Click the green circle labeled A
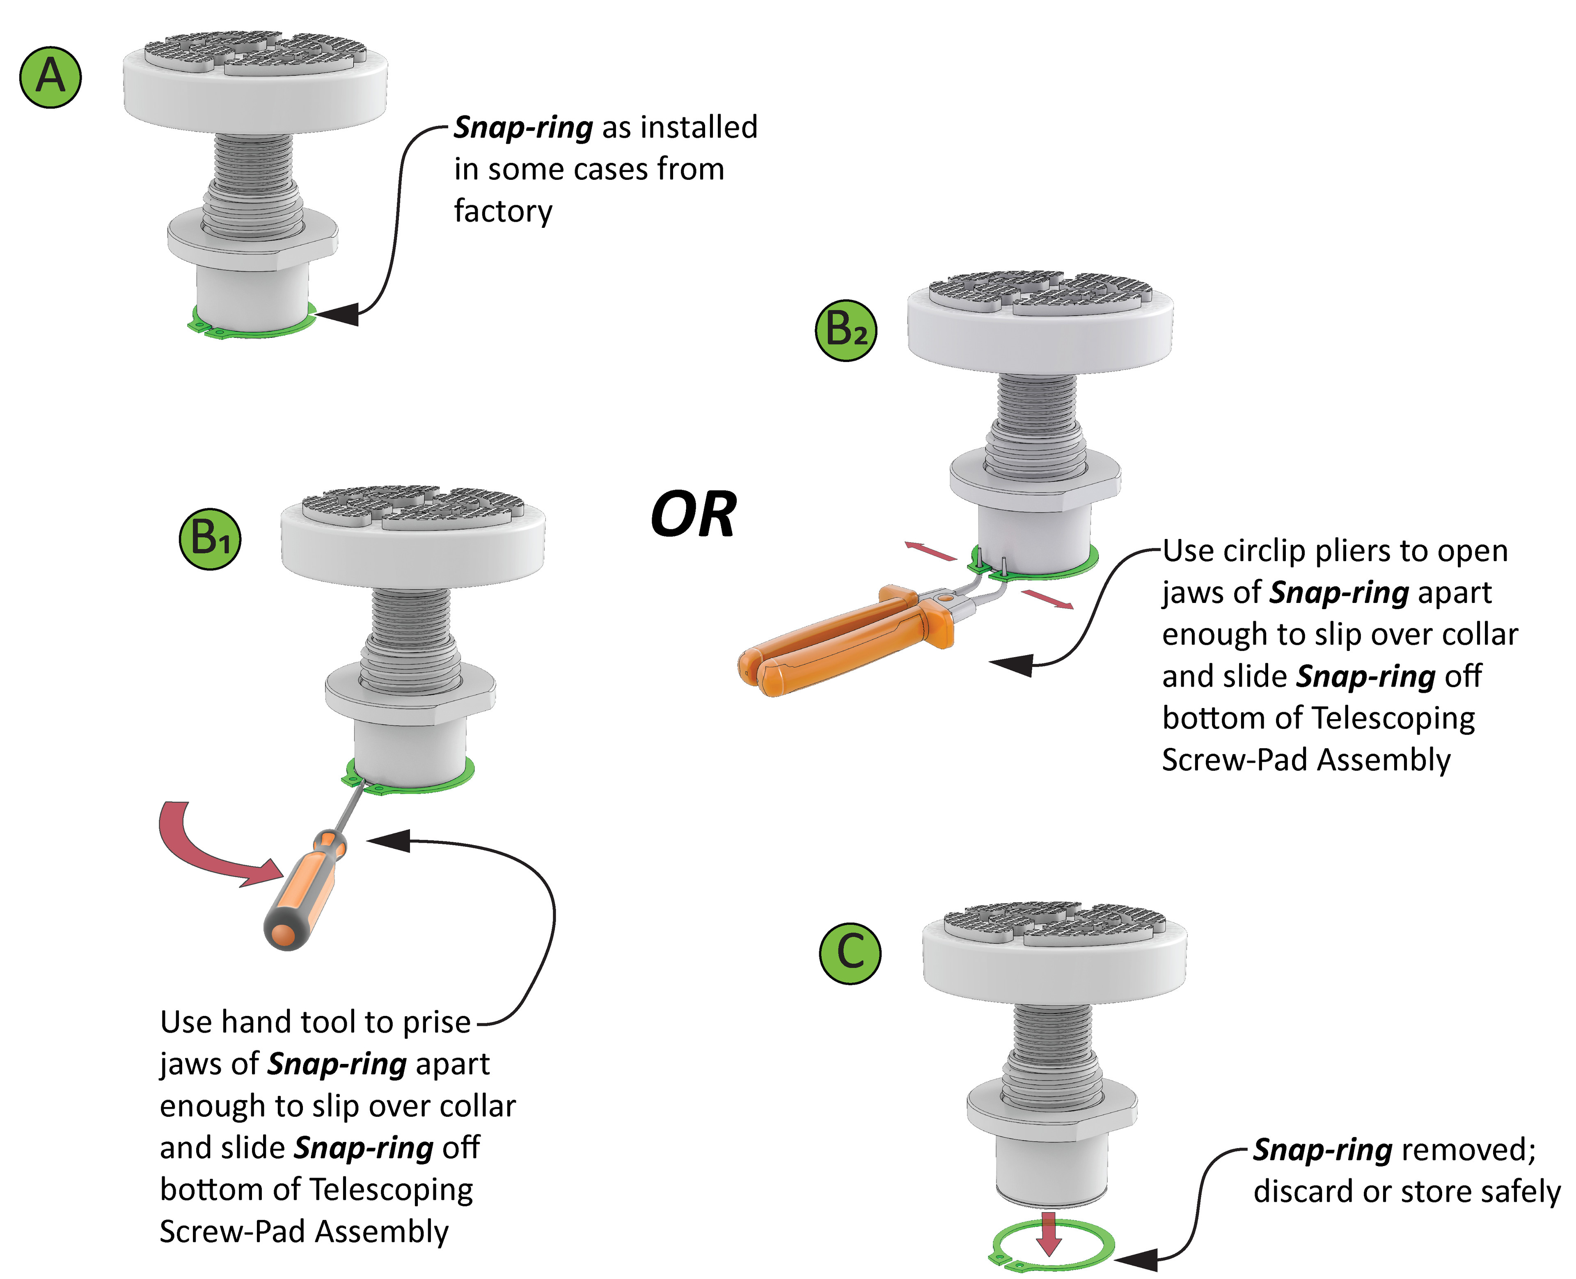coord(50,77)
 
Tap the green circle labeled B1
coord(210,539)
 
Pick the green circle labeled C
coord(850,953)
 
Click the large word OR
coord(693,515)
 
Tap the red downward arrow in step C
coord(1049,1232)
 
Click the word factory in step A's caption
coord(502,211)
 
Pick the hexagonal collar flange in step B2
coord(1035,479)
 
